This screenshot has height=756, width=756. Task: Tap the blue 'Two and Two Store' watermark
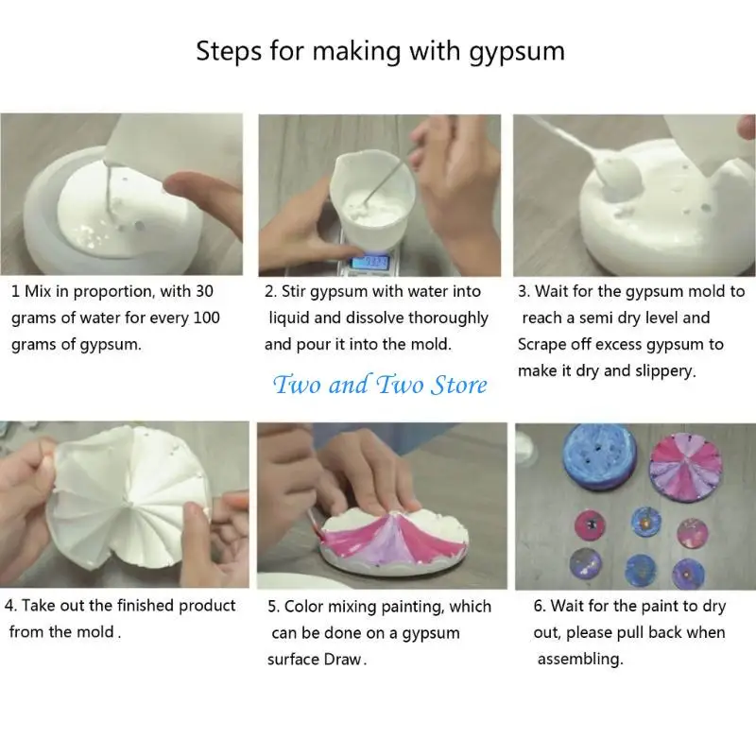(x=380, y=385)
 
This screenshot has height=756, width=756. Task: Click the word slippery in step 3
(x=657, y=370)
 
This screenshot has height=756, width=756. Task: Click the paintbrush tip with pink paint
(x=312, y=535)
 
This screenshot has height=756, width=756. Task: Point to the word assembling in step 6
(x=580, y=659)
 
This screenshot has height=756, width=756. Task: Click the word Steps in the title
(x=227, y=51)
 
